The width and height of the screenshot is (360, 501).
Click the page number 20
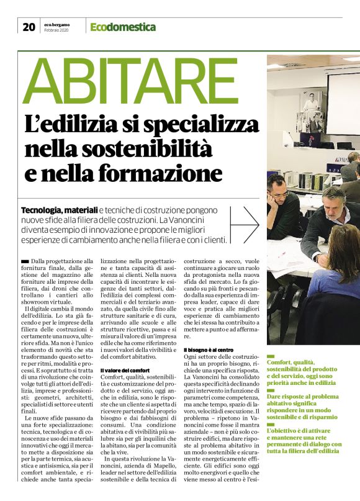pyautogui.click(x=29, y=27)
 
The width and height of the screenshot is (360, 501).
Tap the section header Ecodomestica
pyautogui.click(x=123, y=27)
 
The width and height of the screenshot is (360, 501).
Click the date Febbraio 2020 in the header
pyautogui.click(x=56, y=31)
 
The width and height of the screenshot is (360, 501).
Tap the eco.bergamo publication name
pyautogui.click(x=56, y=24)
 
